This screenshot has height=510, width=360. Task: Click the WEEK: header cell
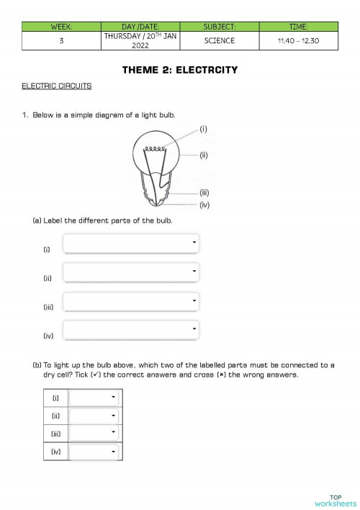coord(62,27)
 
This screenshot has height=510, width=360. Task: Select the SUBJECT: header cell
coord(220,27)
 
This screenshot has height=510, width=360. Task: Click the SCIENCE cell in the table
coord(220,40)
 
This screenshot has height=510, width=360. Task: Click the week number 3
coord(62,40)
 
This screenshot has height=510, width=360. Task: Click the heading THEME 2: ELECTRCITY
coord(180,70)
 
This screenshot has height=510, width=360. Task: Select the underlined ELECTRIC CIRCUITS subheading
coord(57,86)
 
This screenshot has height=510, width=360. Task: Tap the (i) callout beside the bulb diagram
coord(204,129)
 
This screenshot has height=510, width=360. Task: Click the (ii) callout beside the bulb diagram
coord(204,155)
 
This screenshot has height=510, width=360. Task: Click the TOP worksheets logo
coord(335,501)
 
